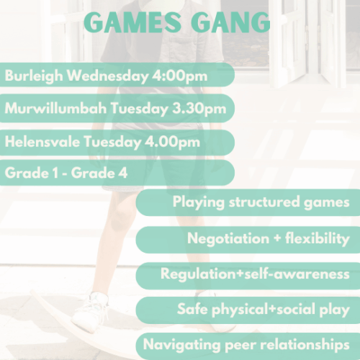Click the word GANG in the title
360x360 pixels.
[x=229, y=22]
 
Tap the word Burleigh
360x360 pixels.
[x=31, y=75]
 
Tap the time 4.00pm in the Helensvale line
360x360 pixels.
[x=172, y=142]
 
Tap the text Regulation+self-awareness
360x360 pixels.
[x=255, y=274]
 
